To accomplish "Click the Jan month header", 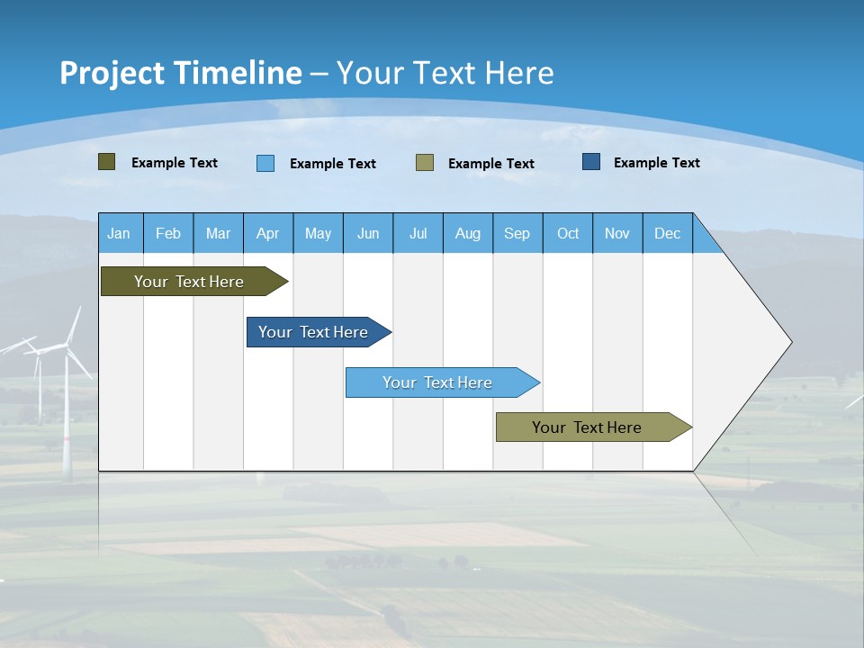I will pyautogui.click(x=119, y=233).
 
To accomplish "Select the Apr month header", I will pyautogui.click(x=267, y=233).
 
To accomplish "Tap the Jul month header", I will pyautogui.click(x=418, y=233).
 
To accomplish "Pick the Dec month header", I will pyautogui.click(x=667, y=233).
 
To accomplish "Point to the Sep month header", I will pyautogui.click(x=517, y=233).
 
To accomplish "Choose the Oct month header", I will pyautogui.click(x=568, y=233).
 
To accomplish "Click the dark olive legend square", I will pyautogui.click(x=106, y=162).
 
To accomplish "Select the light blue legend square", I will pyautogui.click(x=265, y=163).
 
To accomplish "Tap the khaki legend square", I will pyautogui.click(x=425, y=163).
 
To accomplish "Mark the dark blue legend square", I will pyautogui.click(x=590, y=162).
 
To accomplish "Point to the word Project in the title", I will pyautogui.click(x=112, y=73).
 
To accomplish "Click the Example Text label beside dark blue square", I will pyautogui.click(x=656, y=163).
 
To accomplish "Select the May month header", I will pyautogui.click(x=318, y=233).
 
